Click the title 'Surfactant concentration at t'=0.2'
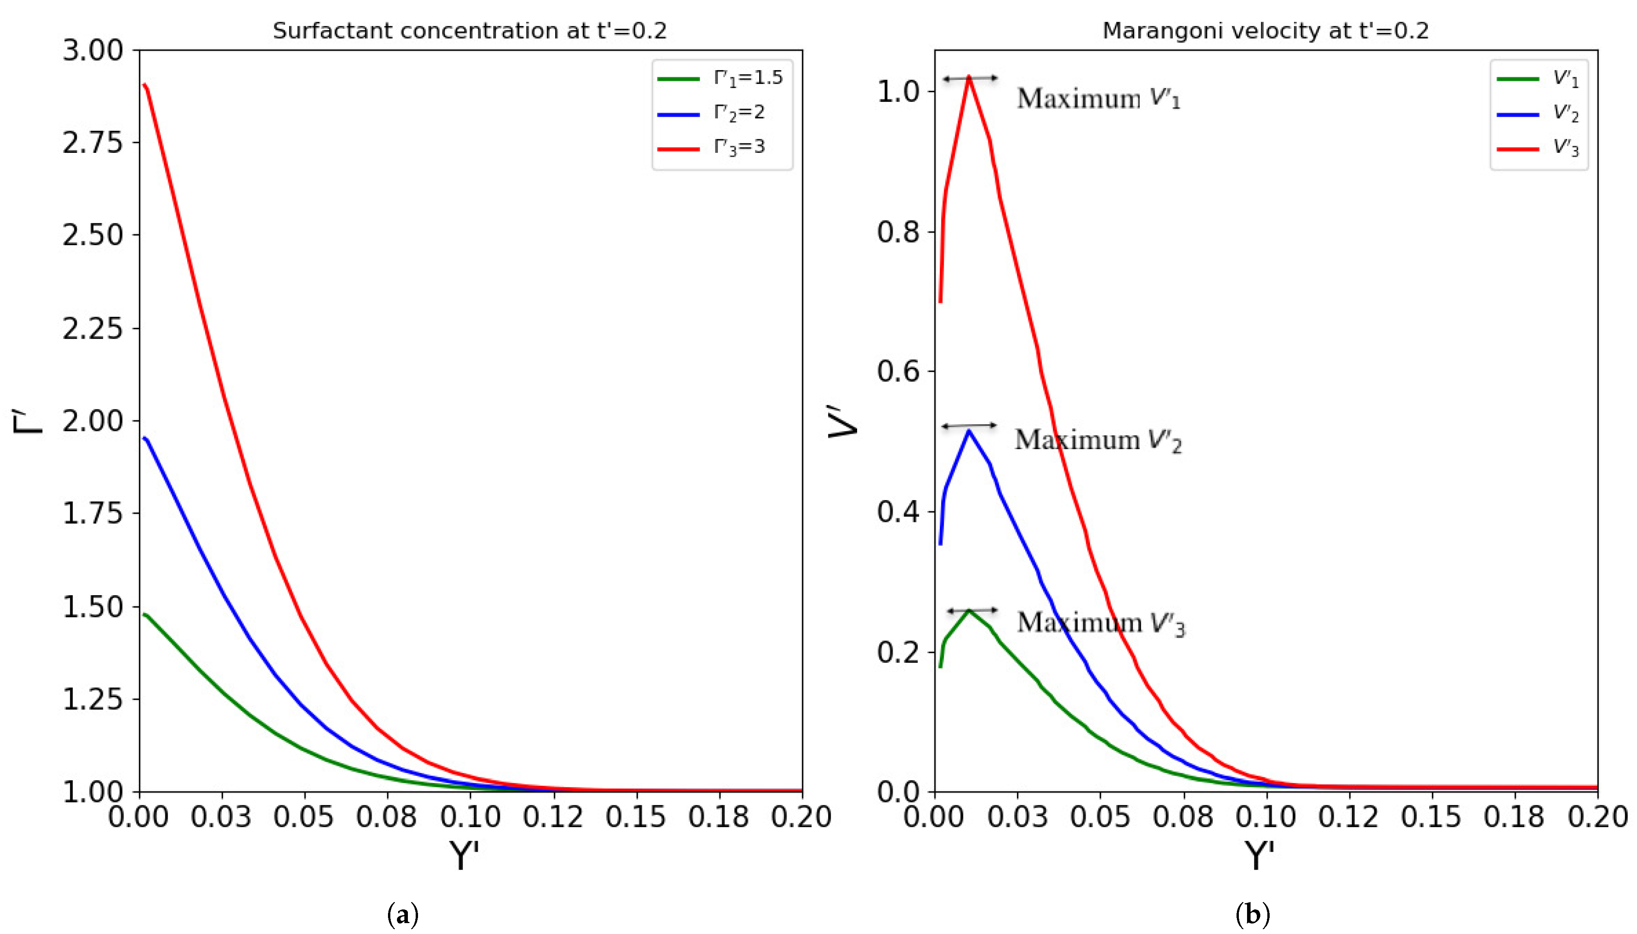pyautogui.click(x=470, y=31)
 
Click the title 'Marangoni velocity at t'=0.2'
pyautogui.click(x=1265, y=31)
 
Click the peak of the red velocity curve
pyautogui.click(x=969, y=77)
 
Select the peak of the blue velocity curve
pyautogui.click(x=969, y=430)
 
